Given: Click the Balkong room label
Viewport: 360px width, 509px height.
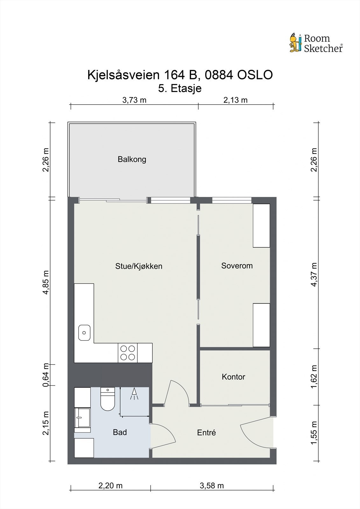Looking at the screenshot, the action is [x=132, y=159].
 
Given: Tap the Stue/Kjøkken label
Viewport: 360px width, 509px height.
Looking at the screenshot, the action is [x=139, y=266].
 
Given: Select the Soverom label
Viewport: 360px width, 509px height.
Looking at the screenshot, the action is [x=237, y=266].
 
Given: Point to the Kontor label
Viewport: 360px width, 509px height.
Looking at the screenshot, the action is [x=233, y=377].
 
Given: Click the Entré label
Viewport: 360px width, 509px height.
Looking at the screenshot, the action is [x=206, y=433].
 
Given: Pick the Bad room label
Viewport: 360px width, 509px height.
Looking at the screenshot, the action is [x=120, y=432].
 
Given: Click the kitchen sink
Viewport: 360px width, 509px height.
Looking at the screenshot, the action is [x=84, y=333].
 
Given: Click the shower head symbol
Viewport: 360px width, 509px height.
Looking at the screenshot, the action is [x=134, y=394].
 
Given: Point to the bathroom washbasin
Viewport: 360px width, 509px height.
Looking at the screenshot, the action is [x=82, y=417].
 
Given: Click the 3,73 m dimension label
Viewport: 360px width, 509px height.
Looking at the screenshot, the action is [x=134, y=100].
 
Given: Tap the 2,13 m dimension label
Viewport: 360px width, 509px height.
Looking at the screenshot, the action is [x=235, y=100].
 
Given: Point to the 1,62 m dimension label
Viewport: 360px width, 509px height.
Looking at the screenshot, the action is [x=314, y=377].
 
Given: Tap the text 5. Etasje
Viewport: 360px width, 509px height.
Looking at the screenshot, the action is [x=180, y=88].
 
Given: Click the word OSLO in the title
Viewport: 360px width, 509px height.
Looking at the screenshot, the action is [x=255, y=75].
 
